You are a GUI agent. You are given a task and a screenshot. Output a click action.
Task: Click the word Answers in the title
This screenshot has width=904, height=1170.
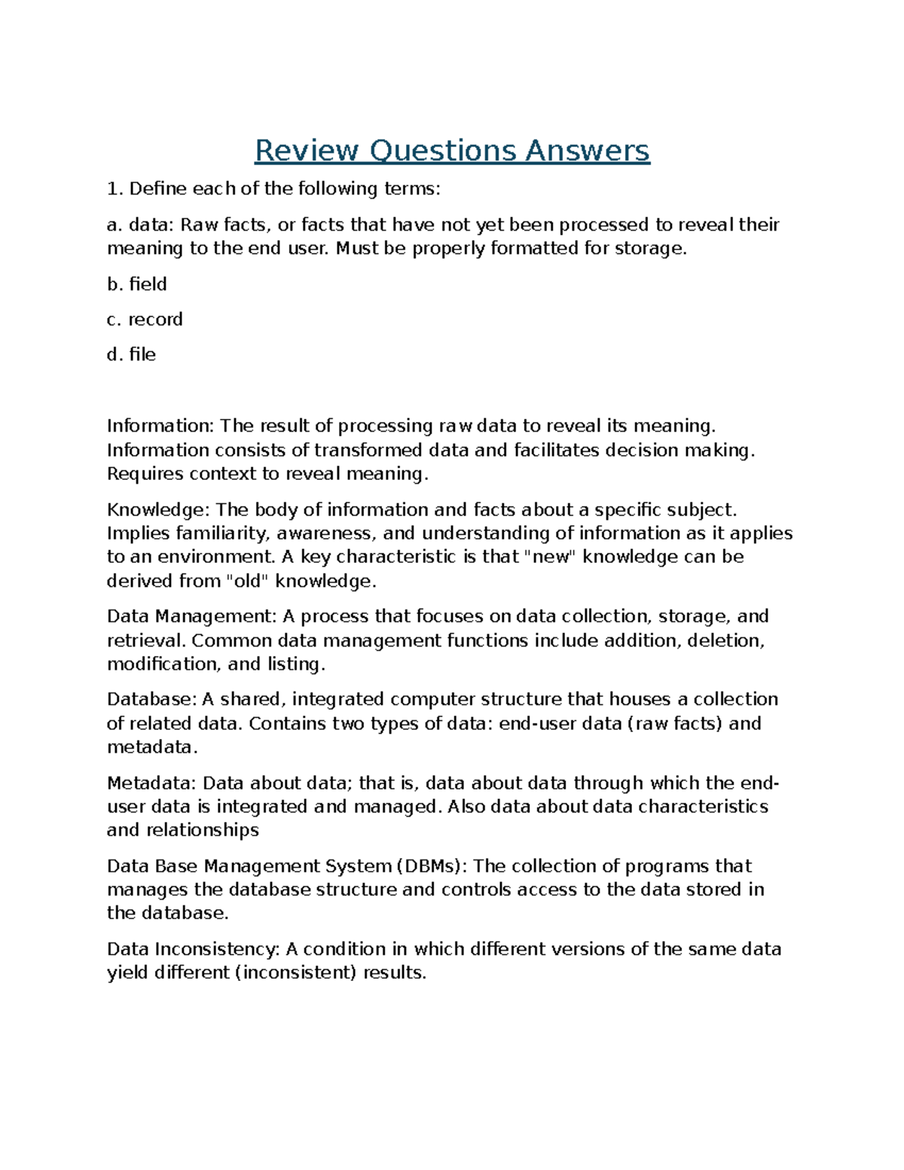[587, 151]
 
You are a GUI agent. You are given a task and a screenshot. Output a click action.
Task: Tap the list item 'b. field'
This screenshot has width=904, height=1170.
[137, 284]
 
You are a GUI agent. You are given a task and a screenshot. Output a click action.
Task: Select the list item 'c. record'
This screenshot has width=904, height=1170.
[145, 319]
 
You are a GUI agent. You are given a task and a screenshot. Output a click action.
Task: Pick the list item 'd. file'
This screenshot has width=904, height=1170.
[132, 354]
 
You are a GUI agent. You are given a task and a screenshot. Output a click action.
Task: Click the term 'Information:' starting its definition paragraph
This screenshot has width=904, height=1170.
[160, 426]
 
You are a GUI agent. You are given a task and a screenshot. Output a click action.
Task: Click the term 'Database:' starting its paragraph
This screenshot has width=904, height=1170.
[151, 699]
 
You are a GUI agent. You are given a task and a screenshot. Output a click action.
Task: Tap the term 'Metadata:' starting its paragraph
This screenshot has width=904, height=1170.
[152, 783]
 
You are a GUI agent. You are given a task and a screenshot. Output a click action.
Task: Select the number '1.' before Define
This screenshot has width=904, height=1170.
[115, 188]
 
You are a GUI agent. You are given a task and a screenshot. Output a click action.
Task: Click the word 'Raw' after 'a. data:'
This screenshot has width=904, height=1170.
[199, 225]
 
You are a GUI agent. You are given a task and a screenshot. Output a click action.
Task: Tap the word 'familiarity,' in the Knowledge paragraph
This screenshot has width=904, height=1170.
[222, 533]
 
